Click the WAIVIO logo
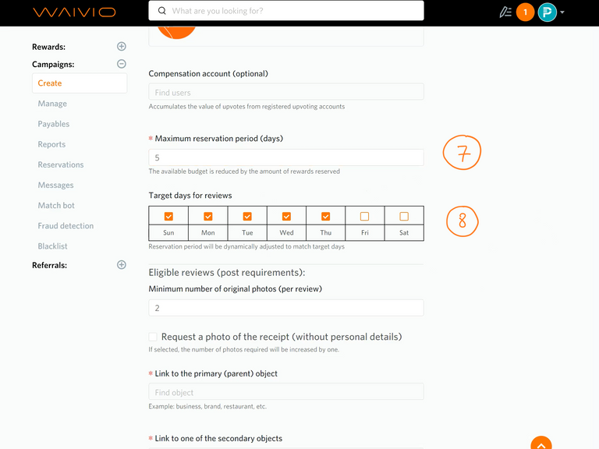point(74,12)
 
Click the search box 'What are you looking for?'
point(285,11)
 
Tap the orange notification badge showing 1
point(525,12)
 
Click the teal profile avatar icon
point(547,12)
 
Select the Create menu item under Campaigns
point(80,83)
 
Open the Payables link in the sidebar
point(54,124)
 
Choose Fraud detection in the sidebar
point(66,226)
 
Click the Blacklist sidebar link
point(53,246)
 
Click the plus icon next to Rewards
point(122,47)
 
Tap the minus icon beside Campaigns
point(122,64)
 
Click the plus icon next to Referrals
point(122,264)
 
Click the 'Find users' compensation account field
point(285,92)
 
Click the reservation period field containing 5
point(285,157)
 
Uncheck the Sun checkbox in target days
point(168,217)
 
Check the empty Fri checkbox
point(364,217)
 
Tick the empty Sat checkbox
point(404,217)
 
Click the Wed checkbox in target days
point(286,217)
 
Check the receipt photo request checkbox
point(153,337)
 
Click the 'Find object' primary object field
point(285,392)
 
